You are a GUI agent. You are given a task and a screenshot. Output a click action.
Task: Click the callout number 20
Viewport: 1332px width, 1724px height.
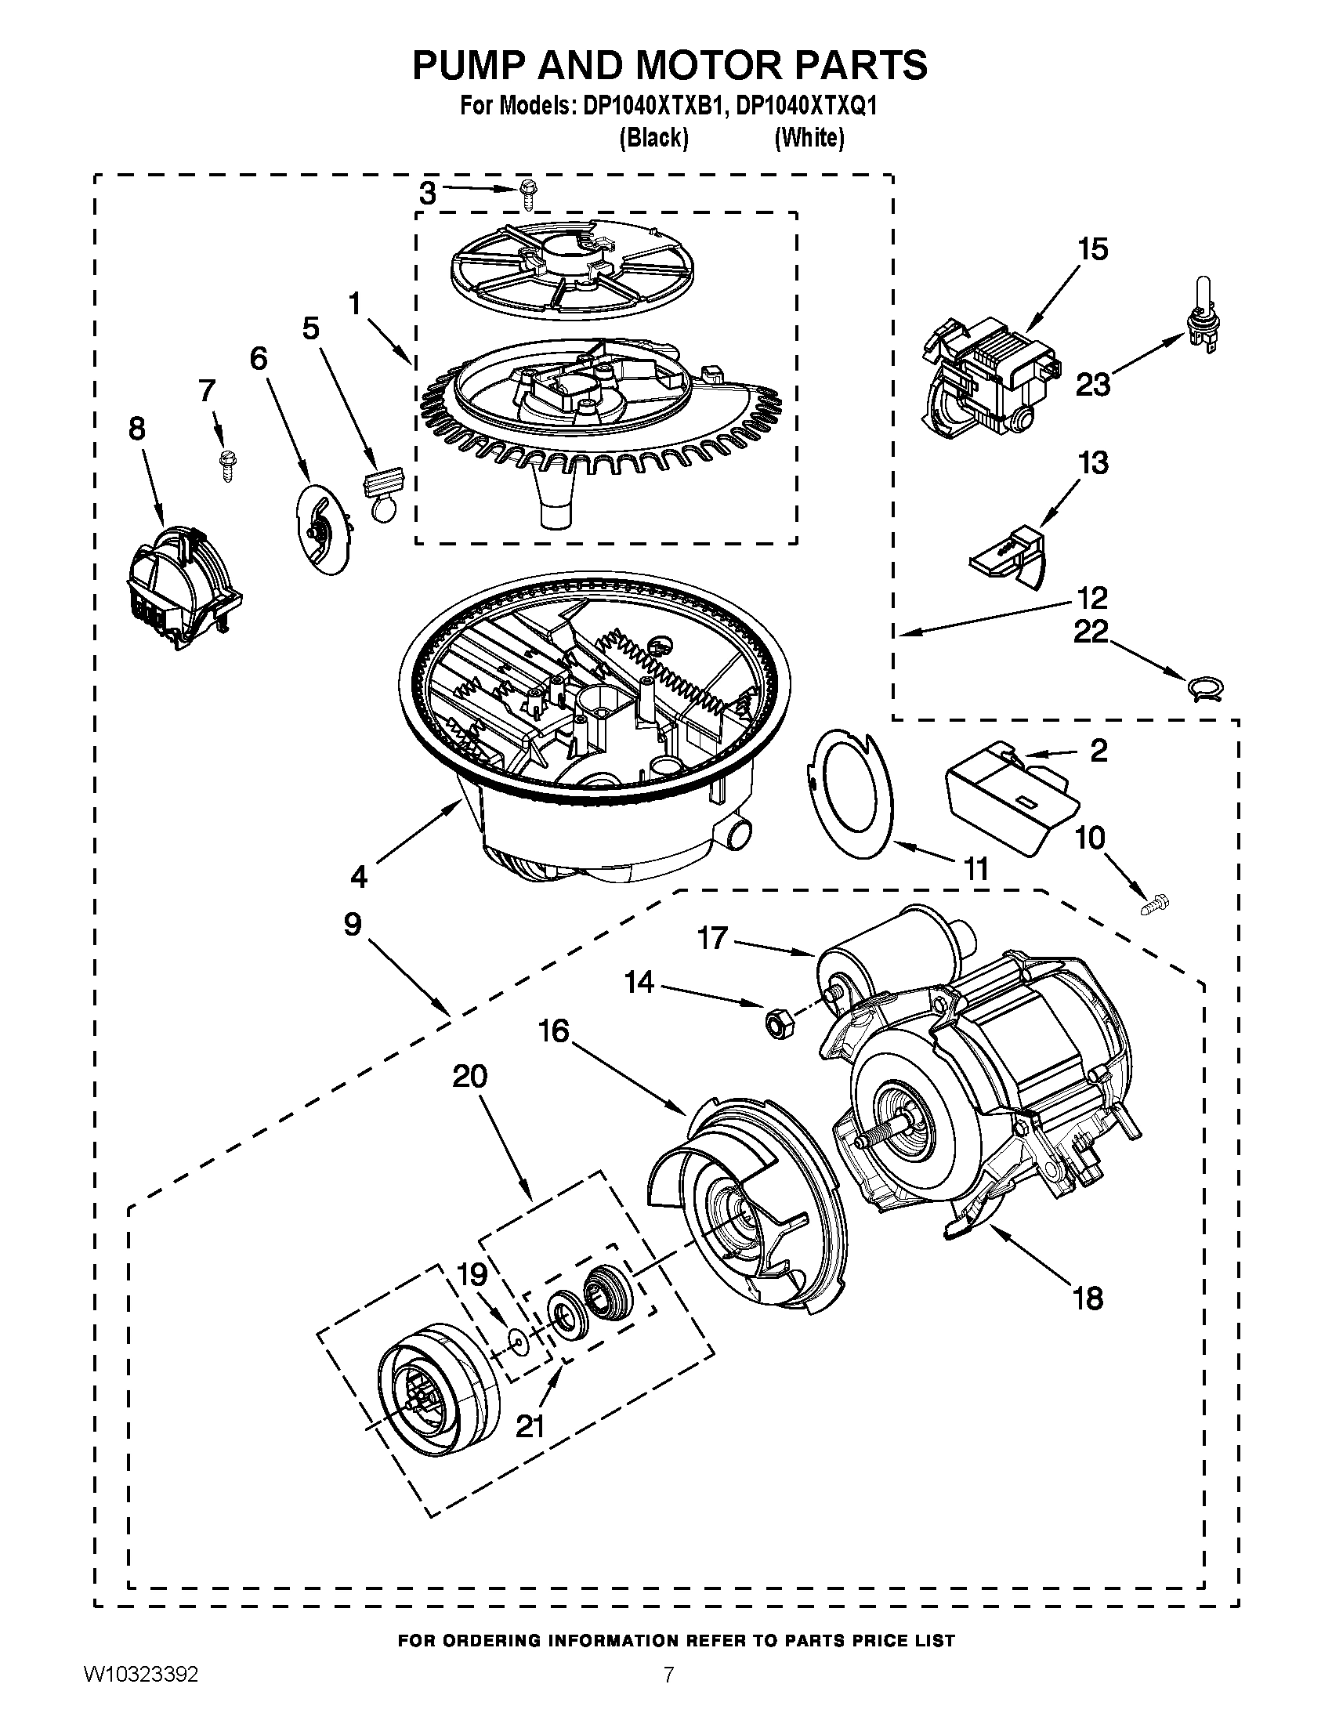470,1077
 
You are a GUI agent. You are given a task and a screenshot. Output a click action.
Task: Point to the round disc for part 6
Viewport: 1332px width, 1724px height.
324,529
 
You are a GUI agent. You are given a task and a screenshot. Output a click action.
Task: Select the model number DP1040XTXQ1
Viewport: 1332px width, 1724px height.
805,107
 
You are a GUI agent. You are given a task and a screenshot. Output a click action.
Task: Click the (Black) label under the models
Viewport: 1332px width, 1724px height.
653,138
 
